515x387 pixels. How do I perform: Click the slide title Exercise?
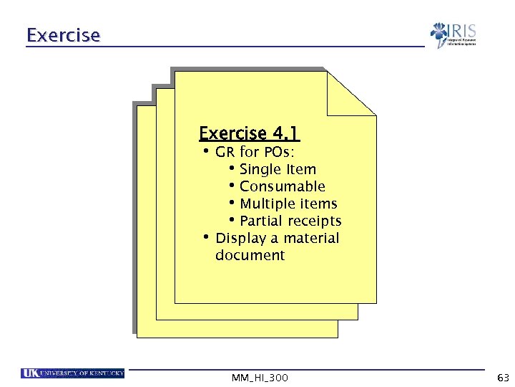(63, 34)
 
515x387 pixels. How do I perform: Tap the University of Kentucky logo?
(73, 373)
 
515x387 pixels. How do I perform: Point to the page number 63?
(502, 378)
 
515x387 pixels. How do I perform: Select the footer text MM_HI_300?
(260, 378)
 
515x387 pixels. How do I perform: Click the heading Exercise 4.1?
(249, 134)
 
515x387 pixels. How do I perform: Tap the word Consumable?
(283, 187)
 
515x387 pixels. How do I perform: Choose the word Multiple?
(268, 204)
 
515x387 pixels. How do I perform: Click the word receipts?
(315, 221)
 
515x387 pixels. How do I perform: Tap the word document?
(250, 256)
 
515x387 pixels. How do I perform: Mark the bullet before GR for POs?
(205, 151)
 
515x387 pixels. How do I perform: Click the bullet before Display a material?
(205, 237)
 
